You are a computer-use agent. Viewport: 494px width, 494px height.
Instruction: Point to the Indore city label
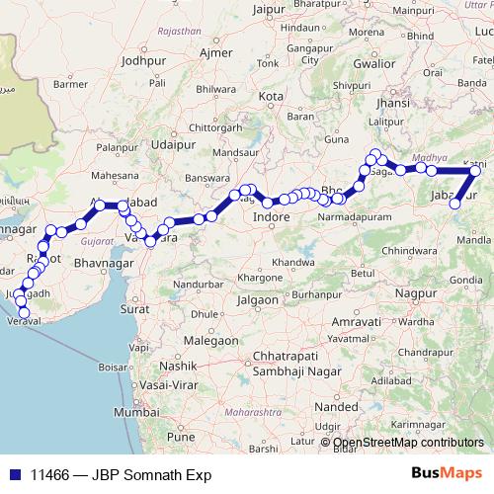point(270,216)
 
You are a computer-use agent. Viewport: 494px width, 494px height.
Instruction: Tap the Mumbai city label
point(135,411)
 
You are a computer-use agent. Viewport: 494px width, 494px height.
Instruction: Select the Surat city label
point(135,308)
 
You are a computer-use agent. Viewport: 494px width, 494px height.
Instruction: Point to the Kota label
point(271,97)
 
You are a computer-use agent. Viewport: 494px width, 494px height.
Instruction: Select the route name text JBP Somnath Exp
point(152,474)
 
